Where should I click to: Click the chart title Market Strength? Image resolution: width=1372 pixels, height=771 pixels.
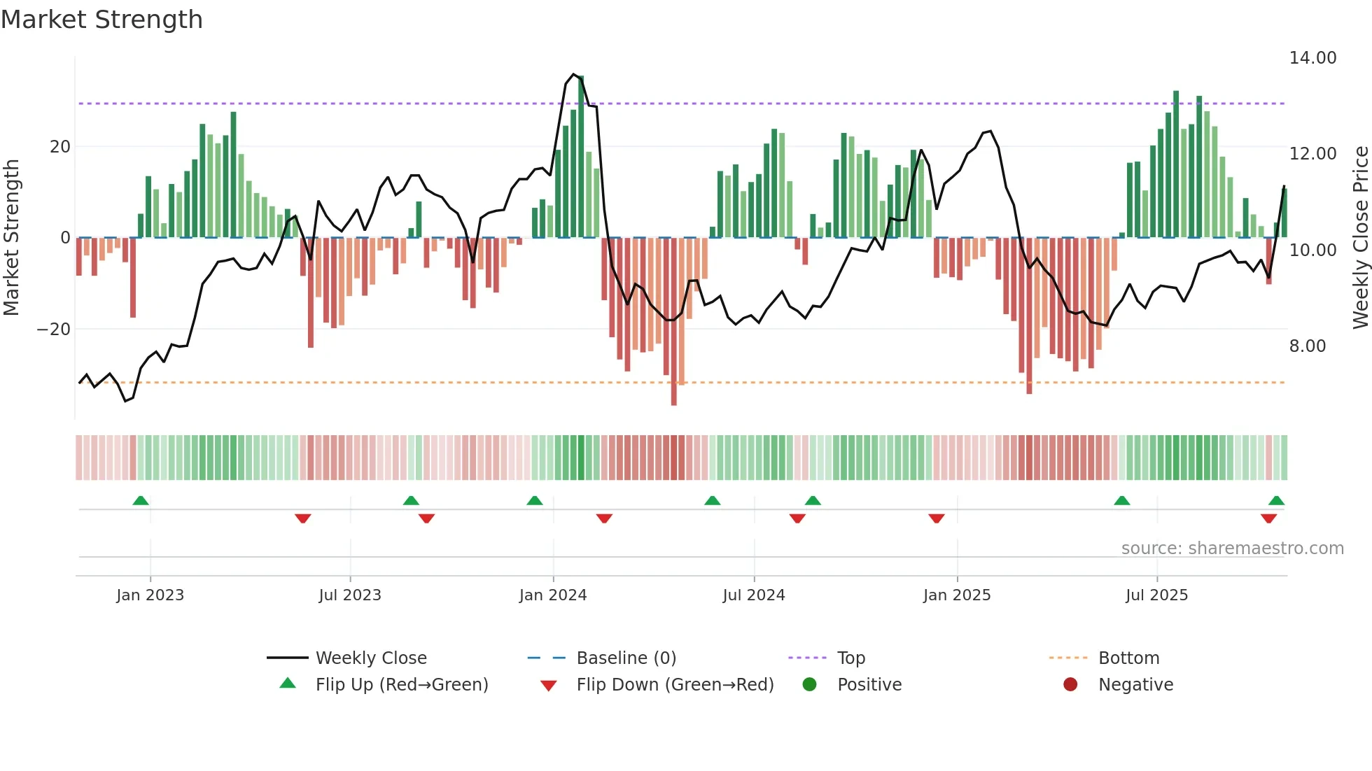point(101,20)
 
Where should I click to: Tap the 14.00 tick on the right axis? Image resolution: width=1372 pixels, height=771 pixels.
point(1312,58)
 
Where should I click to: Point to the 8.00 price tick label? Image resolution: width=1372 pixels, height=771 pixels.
point(1307,346)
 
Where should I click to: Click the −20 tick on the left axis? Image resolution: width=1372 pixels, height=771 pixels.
point(53,330)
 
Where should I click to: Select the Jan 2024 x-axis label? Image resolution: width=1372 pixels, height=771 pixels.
point(552,595)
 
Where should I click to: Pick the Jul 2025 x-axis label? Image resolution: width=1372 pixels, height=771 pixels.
point(1156,595)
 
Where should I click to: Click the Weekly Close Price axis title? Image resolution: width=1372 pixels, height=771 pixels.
point(1360,238)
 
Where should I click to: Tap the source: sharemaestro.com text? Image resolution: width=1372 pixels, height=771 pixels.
point(1232,549)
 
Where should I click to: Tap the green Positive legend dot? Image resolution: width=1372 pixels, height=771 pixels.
point(810,685)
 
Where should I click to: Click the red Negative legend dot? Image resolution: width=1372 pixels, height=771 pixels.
point(1070,685)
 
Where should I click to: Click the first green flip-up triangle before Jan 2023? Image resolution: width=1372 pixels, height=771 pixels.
point(141,501)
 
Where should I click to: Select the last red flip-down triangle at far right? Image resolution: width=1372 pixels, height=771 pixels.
point(1268,518)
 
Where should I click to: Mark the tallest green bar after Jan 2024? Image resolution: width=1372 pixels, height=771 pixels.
point(581,154)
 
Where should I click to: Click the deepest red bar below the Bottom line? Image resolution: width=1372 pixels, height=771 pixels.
point(674,322)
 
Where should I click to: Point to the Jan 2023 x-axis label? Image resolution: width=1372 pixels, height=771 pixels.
point(150,595)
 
